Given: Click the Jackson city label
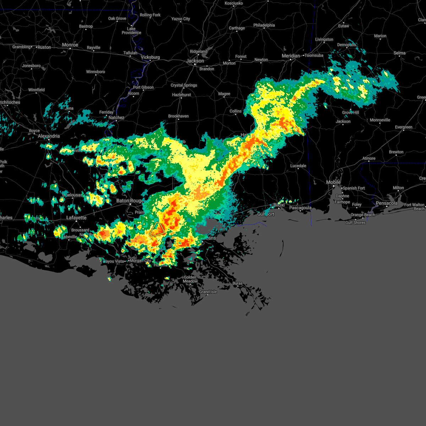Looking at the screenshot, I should tap(195, 61).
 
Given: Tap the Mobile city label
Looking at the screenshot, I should tap(333, 182).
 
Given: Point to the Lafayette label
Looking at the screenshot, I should tap(76, 218).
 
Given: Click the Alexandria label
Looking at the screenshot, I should tap(49, 136).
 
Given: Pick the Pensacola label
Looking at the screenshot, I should tap(387, 203).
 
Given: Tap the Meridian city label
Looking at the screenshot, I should tap(291, 56).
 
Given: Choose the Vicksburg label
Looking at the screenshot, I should tap(151, 57).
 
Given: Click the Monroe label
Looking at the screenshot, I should tap(70, 45).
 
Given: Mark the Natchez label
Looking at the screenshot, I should tap(116, 118).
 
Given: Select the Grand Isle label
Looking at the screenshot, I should tap(208, 292).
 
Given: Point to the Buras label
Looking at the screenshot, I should tap(237, 283).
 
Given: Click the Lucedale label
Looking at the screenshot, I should tap(298, 166).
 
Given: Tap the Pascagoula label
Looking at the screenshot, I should tap(300, 208).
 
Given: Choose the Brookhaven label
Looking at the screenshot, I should tap(179, 116).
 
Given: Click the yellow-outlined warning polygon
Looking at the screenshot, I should tap(157, 230).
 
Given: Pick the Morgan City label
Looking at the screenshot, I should tap(141, 261).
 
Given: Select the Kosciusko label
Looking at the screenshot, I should tap(234, 3).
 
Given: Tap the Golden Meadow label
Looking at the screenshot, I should tap(190, 279).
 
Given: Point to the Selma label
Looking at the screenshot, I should tap(399, 53).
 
